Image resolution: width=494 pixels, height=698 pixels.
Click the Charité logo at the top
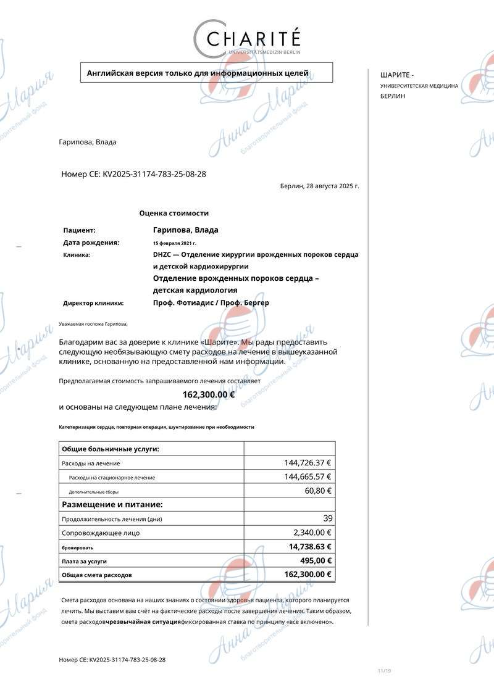(x=247, y=38)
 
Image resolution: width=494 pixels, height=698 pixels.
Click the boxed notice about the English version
(x=206, y=73)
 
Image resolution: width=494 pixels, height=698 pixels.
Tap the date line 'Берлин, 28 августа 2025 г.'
(x=319, y=186)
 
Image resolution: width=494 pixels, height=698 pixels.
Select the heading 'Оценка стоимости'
(x=174, y=214)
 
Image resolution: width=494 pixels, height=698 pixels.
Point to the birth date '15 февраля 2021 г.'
(x=175, y=243)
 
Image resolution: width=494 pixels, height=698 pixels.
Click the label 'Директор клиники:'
(x=93, y=303)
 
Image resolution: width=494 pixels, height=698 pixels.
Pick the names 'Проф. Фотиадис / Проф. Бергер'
(x=211, y=303)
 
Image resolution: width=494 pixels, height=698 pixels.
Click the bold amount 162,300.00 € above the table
(x=209, y=395)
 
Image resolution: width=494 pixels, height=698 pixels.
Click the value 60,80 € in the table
(x=319, y=491)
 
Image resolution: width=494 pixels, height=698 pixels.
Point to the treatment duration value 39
(x=327, y=518)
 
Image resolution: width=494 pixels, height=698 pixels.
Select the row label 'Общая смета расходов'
(x=97, y=575)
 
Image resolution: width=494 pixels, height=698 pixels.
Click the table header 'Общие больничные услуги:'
(x=111, y=449)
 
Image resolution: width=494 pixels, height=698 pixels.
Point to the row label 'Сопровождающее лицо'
(x=101, y=533)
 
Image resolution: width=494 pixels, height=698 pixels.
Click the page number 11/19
(x=384, y=671)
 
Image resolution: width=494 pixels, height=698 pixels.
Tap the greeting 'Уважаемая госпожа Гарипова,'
(x=93, y=324)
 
